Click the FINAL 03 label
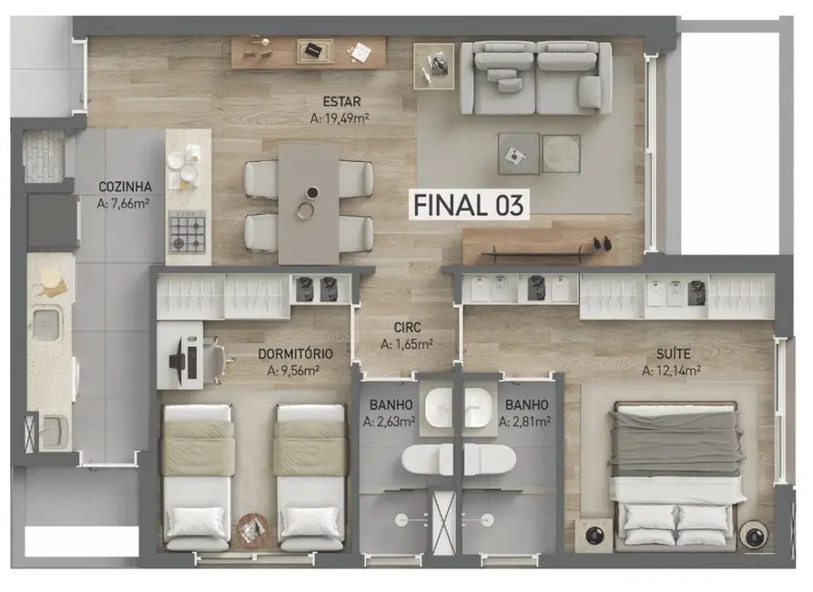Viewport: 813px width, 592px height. (x=468, y=205)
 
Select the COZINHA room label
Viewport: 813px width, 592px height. (x=125, y=188)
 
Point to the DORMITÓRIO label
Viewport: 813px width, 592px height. (x=294, y=353)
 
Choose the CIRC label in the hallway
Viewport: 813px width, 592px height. (x=407, y=327)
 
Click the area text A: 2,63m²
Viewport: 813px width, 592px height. (x=389, y=422)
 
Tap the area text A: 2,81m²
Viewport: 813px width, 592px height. (x=526, y=422)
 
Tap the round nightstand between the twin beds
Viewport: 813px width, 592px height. (x=252, y=528)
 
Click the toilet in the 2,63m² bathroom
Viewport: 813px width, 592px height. (x=427, y=460)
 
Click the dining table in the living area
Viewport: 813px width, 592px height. (x=309, y=205)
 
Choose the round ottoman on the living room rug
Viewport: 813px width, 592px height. (x=561, y=152)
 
